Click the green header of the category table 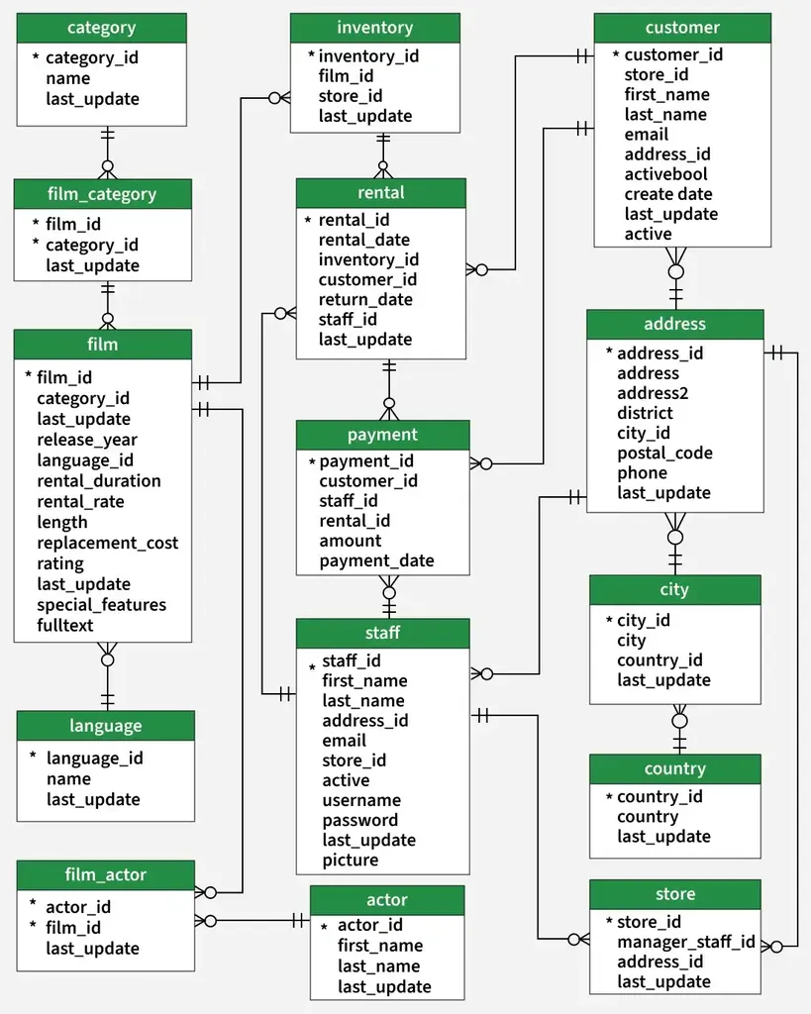coord(102,28)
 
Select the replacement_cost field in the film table coord(107,543)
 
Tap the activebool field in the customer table coord(665,174)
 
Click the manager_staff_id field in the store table coord(685,942)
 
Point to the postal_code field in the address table coord(664,453)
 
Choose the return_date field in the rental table coord(364,299)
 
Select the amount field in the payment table coord(350,541)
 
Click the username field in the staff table coord(360,800)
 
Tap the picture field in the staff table coord(350,861)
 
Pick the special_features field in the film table coord(101,605)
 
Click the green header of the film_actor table coord(105,875)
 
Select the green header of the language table coord(105,726)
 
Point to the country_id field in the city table coord(659,660)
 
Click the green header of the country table coord(675,768)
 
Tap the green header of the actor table coord(387,900)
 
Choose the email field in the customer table coord(646,134)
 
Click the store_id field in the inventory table coord(350,96)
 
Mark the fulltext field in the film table coord(64,626)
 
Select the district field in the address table coord(644,413)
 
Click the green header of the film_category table coord(102,194)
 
